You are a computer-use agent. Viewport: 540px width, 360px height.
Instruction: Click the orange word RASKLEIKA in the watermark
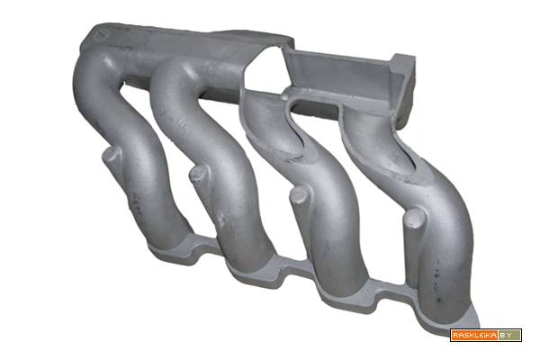point(474,335)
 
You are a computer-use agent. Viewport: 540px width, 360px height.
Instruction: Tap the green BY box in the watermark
point(509,335)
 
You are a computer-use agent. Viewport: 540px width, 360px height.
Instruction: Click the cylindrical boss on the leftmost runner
point(112,156)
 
